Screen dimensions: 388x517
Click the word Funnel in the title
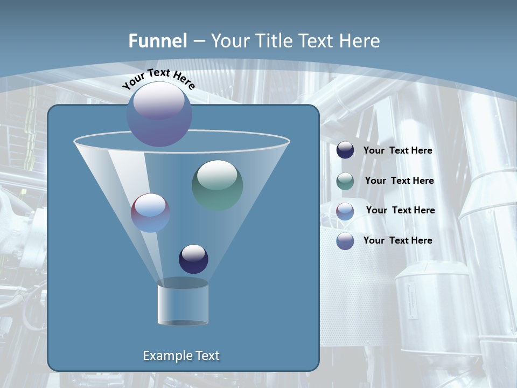[158, 41]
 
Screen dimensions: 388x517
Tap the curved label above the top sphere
[158, 79]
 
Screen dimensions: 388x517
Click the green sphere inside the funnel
[218, 185]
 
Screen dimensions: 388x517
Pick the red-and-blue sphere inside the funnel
[150, 213]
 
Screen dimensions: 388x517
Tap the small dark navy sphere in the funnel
[193, 259]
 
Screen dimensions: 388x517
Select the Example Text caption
[181, 356]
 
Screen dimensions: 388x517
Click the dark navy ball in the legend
[345, 150]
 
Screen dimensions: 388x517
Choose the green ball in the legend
[345, 181]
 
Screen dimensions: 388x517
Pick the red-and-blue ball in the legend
[345, 211]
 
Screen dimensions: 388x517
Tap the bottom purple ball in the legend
[345, 241]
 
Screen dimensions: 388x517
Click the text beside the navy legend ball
[397, 151]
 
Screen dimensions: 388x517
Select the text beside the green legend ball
[399, 181]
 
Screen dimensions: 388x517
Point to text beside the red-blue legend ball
[400, 211]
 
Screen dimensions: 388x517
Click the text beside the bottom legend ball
[397, 240]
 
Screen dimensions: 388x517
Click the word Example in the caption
[164, 356]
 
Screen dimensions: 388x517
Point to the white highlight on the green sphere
[217, 175]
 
